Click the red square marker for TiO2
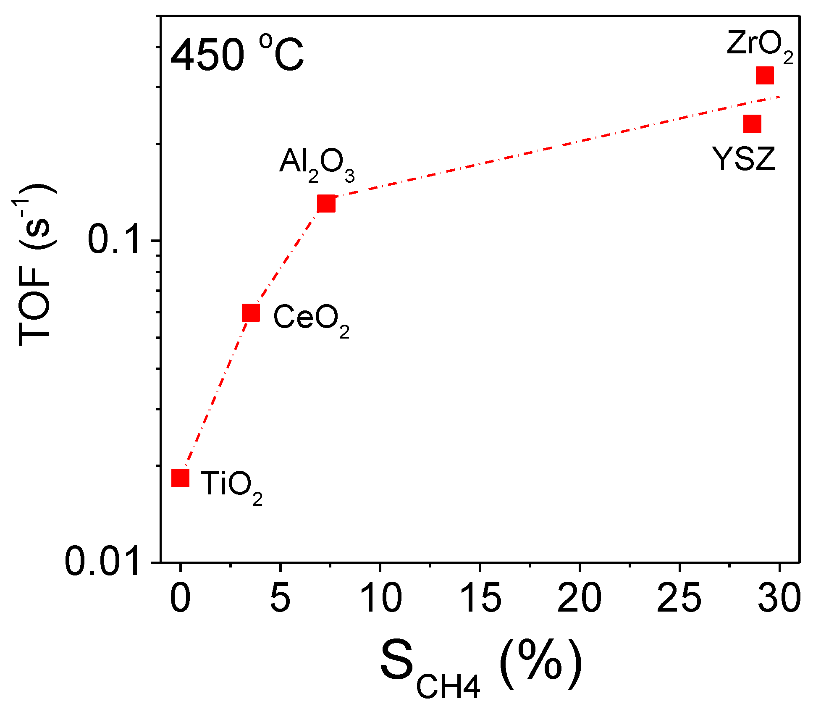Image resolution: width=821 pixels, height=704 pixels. (x=181, y=478)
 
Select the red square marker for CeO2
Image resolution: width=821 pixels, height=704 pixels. (x=251, y=313)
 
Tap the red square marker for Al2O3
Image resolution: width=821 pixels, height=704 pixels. (x=326, y=204)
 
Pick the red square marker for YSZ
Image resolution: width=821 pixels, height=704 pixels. (x=752, y=124)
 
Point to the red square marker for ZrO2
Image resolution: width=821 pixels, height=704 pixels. (x=765, y=76)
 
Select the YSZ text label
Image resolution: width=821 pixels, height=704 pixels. (x=744, y=160)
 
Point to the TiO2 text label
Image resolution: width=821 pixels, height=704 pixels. (x=231, y=486)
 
